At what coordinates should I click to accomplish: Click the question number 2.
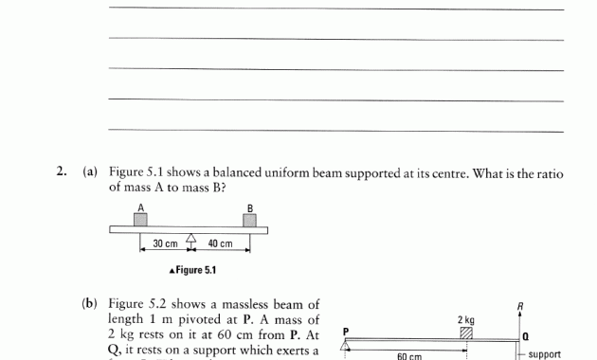(x=62, y=172)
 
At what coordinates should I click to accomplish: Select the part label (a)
(x=91, y=172)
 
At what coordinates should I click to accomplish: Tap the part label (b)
(x=91, y=304)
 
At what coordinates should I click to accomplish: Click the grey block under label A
(x=140, y=219)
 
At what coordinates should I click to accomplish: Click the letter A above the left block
(x=140, y=207)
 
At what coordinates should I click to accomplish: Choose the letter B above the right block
(x=250, y=207)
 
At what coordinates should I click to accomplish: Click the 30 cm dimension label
(x=165, y=244)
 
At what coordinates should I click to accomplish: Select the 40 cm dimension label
(x=221, y=244)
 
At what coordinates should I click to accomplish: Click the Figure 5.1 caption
(x=191, y=270)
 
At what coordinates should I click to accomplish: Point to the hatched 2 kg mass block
(x=465, y=332)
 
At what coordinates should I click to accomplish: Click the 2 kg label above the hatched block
(x=465, y=319)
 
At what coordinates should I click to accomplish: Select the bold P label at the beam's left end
(x=346, y=331)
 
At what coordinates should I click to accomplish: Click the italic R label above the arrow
(x=520, y=305)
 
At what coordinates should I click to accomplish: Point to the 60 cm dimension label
(x=408, y=356)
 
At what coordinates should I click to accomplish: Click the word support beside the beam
(x=544, y=354)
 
